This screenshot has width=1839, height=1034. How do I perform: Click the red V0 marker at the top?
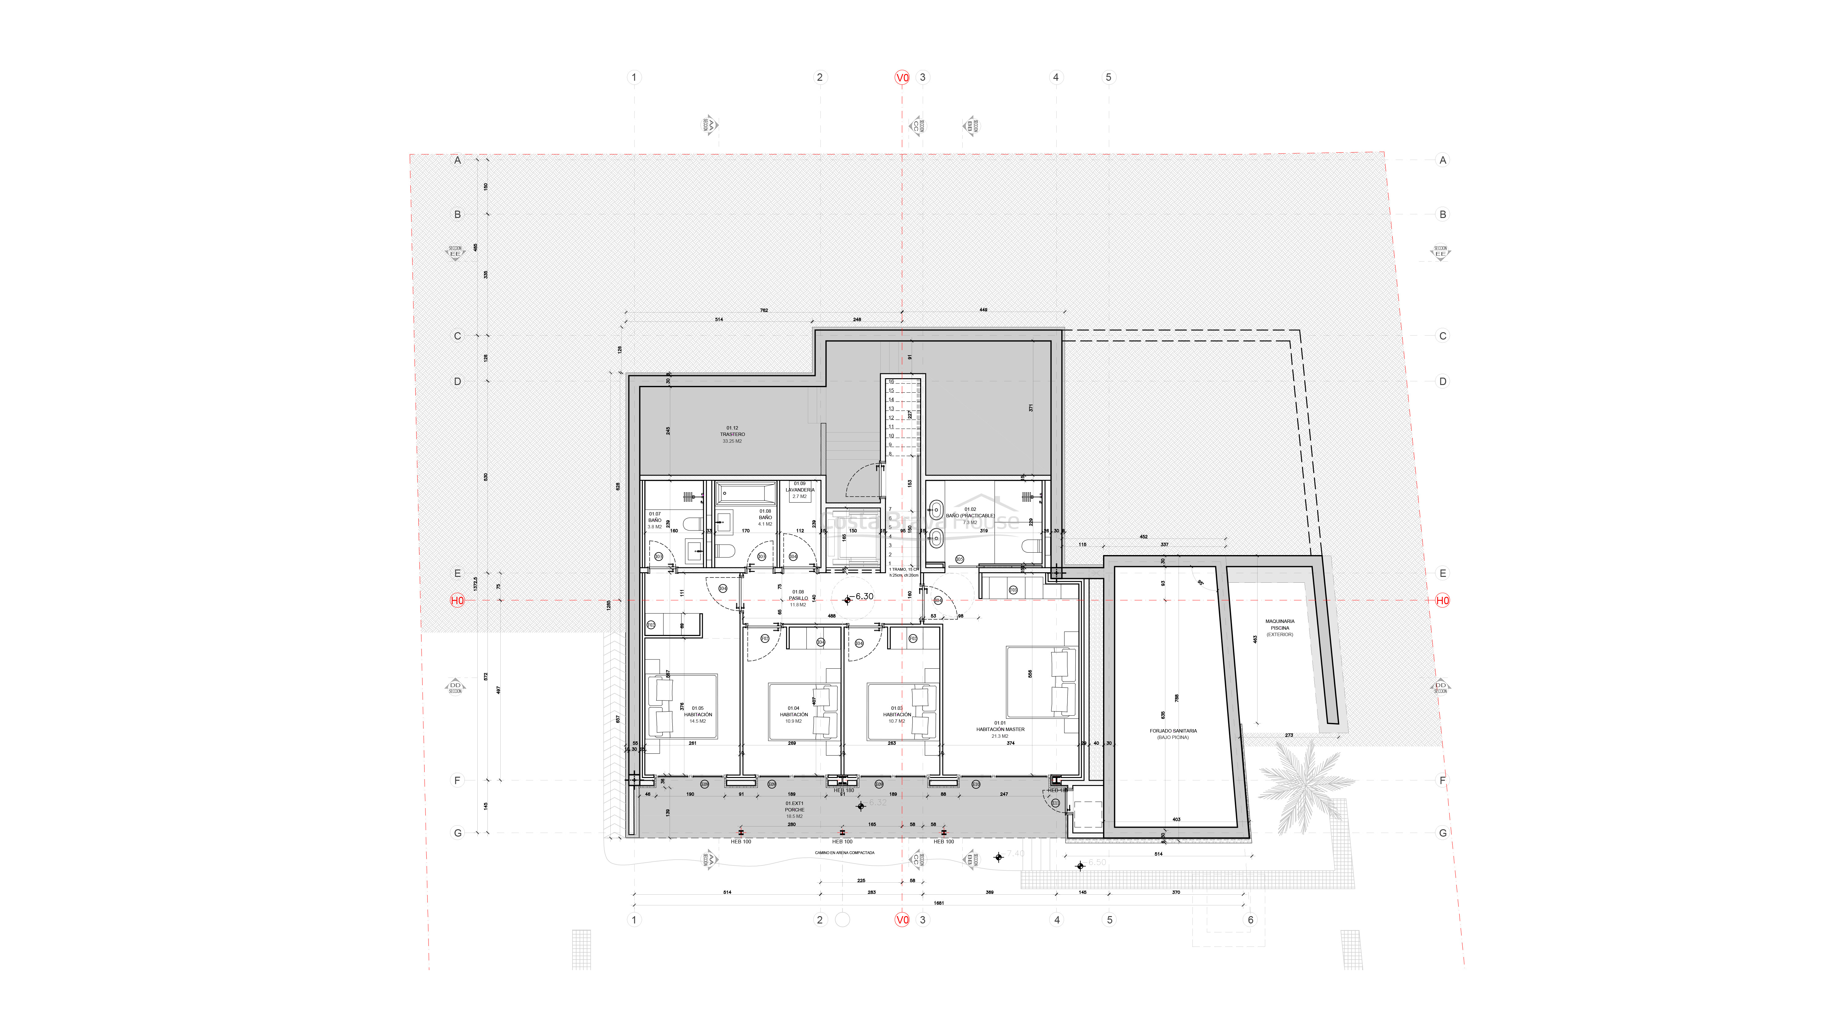pos(902,77)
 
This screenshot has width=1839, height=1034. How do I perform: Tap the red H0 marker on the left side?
pos(457,600)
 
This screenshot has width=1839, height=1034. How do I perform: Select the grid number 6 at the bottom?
pos(1250,920)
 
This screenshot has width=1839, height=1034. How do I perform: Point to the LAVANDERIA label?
pos(800,490)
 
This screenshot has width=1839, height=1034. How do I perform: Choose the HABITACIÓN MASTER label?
pos(1000,729)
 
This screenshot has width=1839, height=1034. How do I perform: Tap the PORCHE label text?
pos(795,810)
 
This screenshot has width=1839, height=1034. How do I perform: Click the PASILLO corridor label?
pos(798,598)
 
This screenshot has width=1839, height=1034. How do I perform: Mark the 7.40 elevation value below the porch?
pos(1015,853)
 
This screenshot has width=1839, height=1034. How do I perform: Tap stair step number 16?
pos(891,382)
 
